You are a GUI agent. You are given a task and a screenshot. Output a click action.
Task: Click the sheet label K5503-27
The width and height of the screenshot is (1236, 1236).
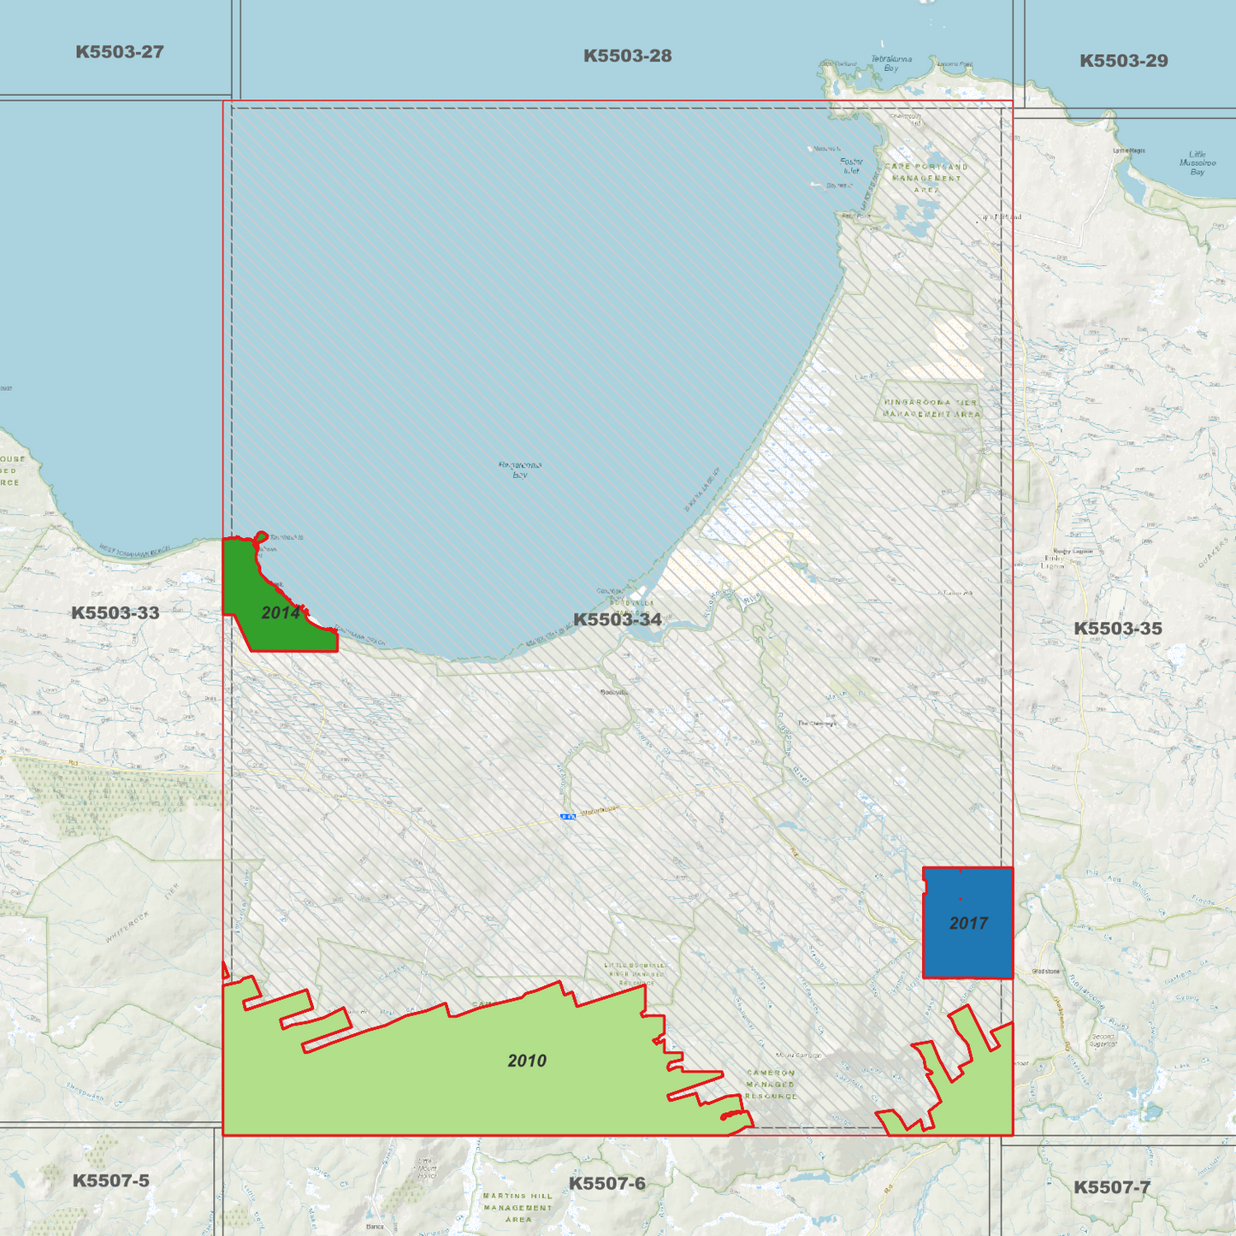pyautogui.click(x=119, y=52)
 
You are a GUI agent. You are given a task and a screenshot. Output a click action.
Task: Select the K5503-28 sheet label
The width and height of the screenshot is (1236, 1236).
pyautogui.click(x=627, y=56)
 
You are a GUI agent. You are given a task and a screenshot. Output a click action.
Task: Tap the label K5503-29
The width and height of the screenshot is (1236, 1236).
pyautogui.click(x=1123, y=61)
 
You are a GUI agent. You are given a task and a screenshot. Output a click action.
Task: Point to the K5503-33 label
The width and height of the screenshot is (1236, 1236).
pyautogui.click(x=115, y=613)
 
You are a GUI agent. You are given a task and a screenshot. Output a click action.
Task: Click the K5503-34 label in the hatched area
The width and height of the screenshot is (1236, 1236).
pyautogui.click(x=617, y=619)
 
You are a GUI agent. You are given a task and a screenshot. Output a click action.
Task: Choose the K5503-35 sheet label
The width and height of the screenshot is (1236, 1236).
pyautogui.click(x=1117, y=629)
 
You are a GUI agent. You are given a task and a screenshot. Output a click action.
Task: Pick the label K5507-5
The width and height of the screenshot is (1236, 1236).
pyautogui.click(x=110, y=1181)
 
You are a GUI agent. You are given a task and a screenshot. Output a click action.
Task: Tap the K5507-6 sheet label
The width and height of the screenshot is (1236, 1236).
pyautogui.click(x=606, y=1184)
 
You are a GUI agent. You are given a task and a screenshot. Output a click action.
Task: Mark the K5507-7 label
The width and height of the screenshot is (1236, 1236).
pyautogui.click(x=1112, y=1187)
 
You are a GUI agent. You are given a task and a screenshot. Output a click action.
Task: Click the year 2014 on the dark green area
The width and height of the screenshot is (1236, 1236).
pyautogui.click(x=281, y=613)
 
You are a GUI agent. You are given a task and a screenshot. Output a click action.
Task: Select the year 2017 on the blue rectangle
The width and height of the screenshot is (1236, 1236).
pyautogui.click(x=968, y=924)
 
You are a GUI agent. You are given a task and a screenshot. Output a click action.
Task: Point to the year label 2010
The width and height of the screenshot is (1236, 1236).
pyautogui.click(x=526, y=1062)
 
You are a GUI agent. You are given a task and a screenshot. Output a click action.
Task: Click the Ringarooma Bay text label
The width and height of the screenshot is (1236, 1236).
pyautogui.click(x=520, y=470)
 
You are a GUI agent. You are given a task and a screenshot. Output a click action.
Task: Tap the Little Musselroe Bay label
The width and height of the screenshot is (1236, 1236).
pyautogui.click(x=1197, y=163)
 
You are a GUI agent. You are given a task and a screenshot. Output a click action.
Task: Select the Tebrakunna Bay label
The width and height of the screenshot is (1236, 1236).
pyautogui.click(x=891, y=63)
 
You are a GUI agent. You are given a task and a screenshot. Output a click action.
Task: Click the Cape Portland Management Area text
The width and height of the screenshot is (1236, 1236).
pyautogui.click(x=926, y=178)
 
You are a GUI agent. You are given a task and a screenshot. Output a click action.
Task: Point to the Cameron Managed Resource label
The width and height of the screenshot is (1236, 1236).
pyautogui.click(x=771, y=1084)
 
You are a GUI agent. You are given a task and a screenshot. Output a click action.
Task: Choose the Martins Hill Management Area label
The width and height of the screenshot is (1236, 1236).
pyautogui.click(x=517, y=1207)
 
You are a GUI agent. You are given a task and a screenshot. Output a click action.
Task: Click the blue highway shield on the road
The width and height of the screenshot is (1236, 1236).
pyautogui.click(x=568, y=817)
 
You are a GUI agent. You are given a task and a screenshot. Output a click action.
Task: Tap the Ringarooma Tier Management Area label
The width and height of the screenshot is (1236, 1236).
pyautogui.click(x=931, y=408)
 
